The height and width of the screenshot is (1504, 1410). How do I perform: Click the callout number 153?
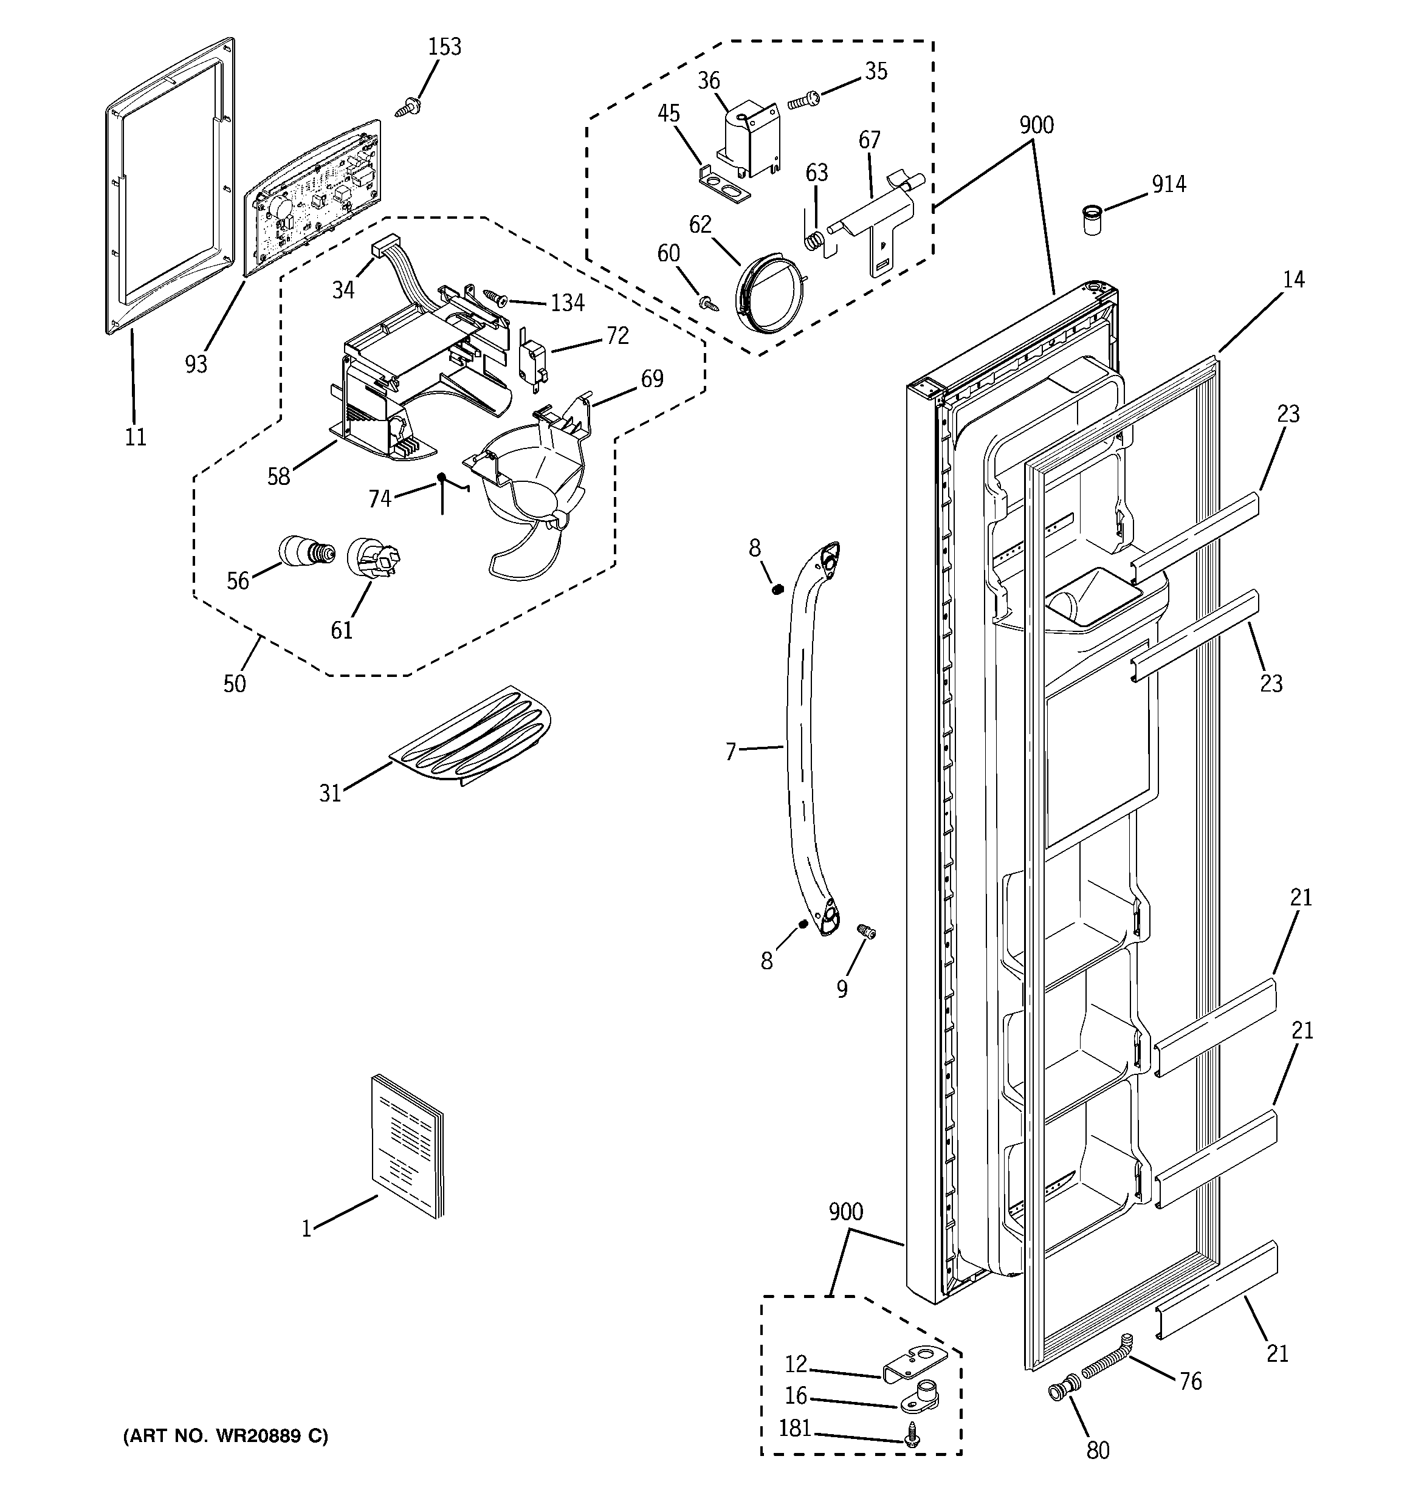pyautogui.click(x=444, y=47)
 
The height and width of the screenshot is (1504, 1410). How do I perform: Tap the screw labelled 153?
pyautogui.click(x=408, y=107)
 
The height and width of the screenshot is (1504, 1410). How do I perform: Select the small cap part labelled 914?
pyautogui.click(x=1090, y=219)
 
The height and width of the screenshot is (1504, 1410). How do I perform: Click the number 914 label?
pyautogui.click(x=1169, y=184)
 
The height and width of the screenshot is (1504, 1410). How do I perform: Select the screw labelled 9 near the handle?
pyautogui.click(x=865, y=932)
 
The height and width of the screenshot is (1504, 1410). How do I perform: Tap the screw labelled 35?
pyautogui.click(x=802, y=99)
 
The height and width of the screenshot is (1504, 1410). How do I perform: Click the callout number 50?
pyautogui.click(x=235, y=684)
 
